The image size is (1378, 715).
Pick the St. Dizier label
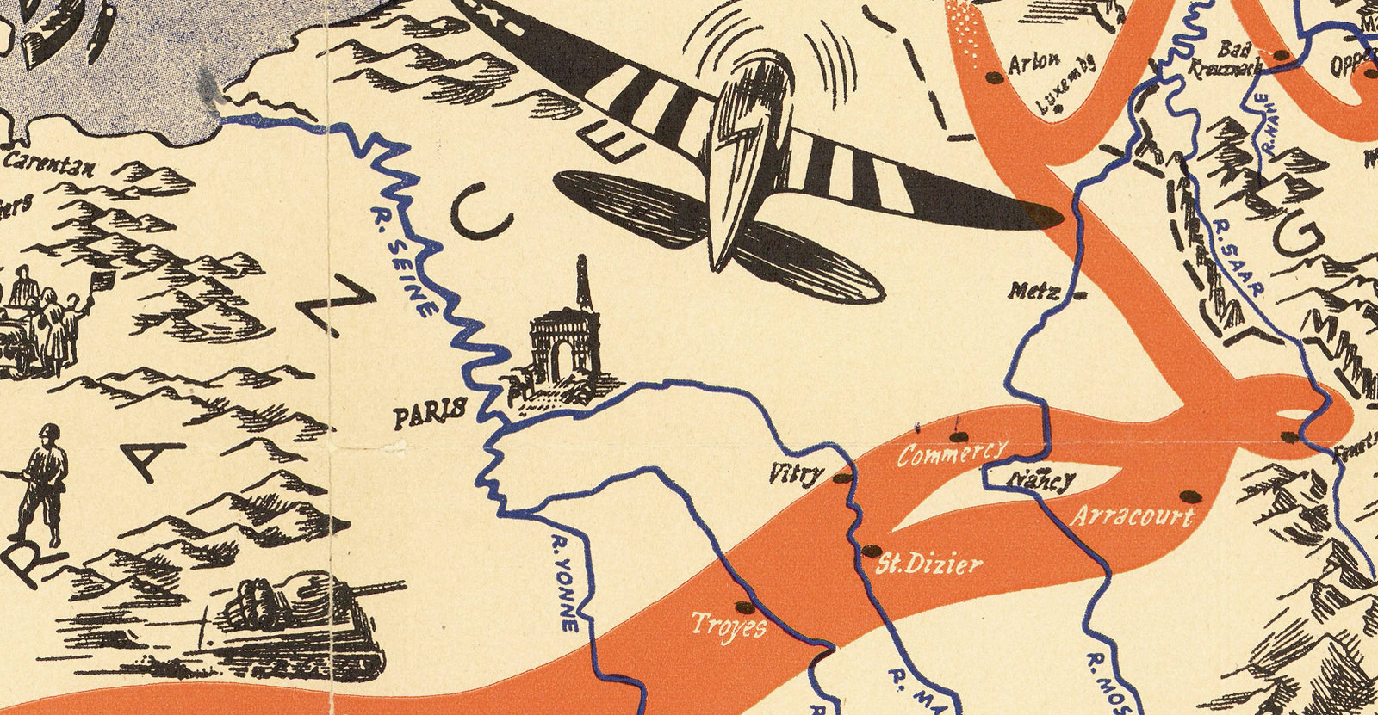tap(928, 564)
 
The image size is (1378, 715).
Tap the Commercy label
tap(951, 452)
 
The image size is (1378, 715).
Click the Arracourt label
tap(1132, 516)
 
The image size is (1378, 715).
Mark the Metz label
tap(1033, 291)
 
